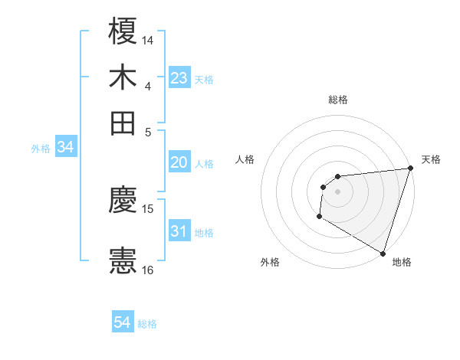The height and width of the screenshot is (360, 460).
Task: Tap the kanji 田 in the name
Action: tap(123, 123)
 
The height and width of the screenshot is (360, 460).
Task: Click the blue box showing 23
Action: tap(179, 78)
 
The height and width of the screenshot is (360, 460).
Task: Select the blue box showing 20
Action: tap(179, 162)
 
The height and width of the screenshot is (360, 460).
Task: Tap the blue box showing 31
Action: tap(179, 231)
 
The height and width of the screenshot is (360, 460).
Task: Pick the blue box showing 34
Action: tap(65, 148)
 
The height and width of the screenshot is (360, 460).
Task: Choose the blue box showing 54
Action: tap(123, 322)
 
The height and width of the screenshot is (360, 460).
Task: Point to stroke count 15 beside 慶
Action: tap(149, 208)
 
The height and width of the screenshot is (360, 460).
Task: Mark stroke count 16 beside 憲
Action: tap(149, 270)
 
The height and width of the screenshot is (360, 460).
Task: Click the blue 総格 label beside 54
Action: tap(147, 324)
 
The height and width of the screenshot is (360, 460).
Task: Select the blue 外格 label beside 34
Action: tap(41, 149)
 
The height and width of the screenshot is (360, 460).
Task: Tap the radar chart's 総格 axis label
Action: tap(337, 99)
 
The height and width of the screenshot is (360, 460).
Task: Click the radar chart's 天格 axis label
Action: tap(431, 159)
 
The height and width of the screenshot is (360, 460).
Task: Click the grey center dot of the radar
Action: tap(337, 191)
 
